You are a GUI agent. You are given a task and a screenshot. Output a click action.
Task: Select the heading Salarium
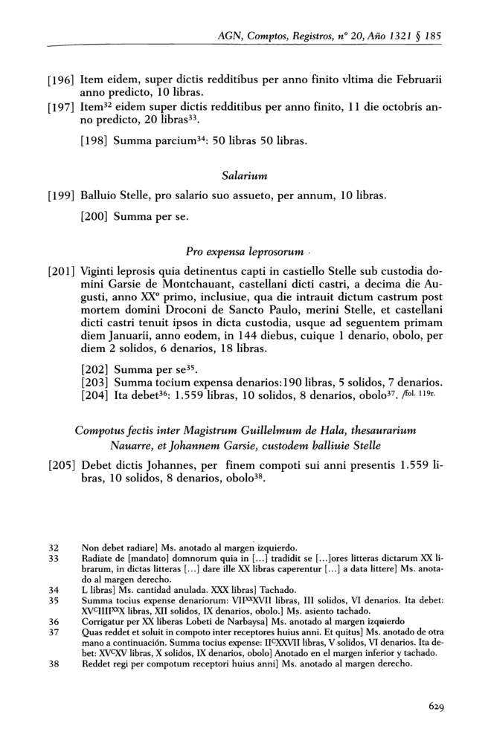click(244, 175)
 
